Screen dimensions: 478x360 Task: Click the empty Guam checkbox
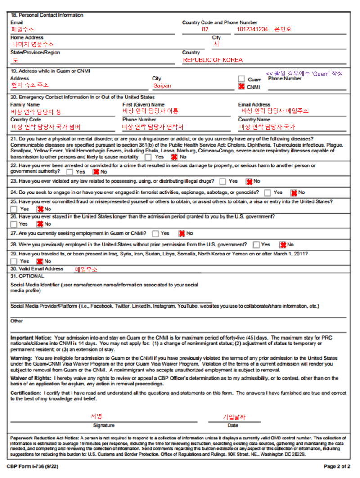[x=242, y=79]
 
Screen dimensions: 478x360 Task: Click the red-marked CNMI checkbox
[x=242, y=86]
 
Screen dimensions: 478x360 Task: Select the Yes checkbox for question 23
[x=223, y=181]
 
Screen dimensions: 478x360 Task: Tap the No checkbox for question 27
[x=182, y=233]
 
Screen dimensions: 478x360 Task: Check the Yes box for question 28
[x=256, y=245]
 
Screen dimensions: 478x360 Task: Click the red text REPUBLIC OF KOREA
[x=212, y=60]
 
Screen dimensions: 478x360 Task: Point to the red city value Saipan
[x=162, y=85]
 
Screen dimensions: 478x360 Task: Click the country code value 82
[x=205, y=29]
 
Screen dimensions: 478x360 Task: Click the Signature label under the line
[x=103, y=425]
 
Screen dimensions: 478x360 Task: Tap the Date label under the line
[x=233, y=425]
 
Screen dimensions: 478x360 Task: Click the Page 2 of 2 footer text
[x=337, y=466]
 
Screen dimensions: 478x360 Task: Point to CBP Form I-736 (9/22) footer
[x=32, y=466]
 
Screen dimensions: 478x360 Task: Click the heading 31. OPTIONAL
[x=27, y=276]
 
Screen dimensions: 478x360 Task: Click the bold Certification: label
[x=26, y=393]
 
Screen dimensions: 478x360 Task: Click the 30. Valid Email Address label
[x=37, y=269]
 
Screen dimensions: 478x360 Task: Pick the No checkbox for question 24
[x=294, y=192]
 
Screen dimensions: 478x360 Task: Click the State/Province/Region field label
[x=35, y=53]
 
